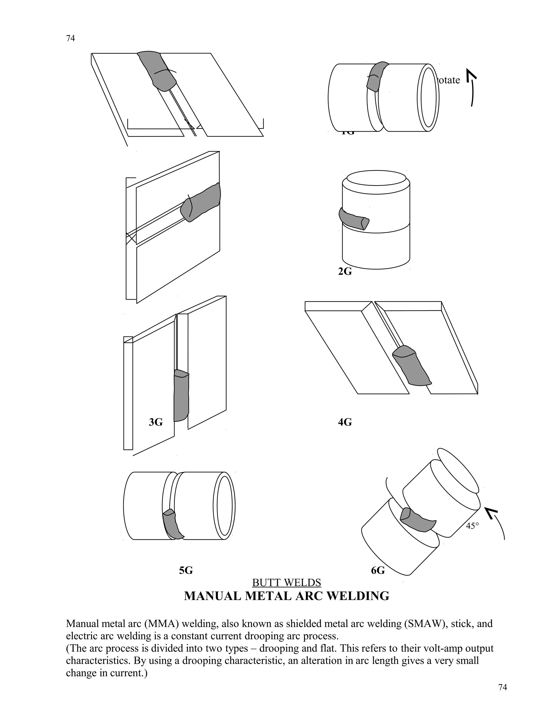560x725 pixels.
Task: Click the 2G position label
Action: point(345,272)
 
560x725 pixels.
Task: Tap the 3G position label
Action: point(156,422)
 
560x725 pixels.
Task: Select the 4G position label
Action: point(345,422)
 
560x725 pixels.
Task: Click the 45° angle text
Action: point(472,526)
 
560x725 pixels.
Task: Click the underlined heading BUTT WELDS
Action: point(286,582)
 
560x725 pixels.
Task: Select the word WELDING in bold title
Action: point(361,596)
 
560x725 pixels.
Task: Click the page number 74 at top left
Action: point(70,39)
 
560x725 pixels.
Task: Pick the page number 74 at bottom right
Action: point(503,688)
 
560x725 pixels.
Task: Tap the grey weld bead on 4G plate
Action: point(411,366)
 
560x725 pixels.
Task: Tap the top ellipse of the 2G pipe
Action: point(376,179)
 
